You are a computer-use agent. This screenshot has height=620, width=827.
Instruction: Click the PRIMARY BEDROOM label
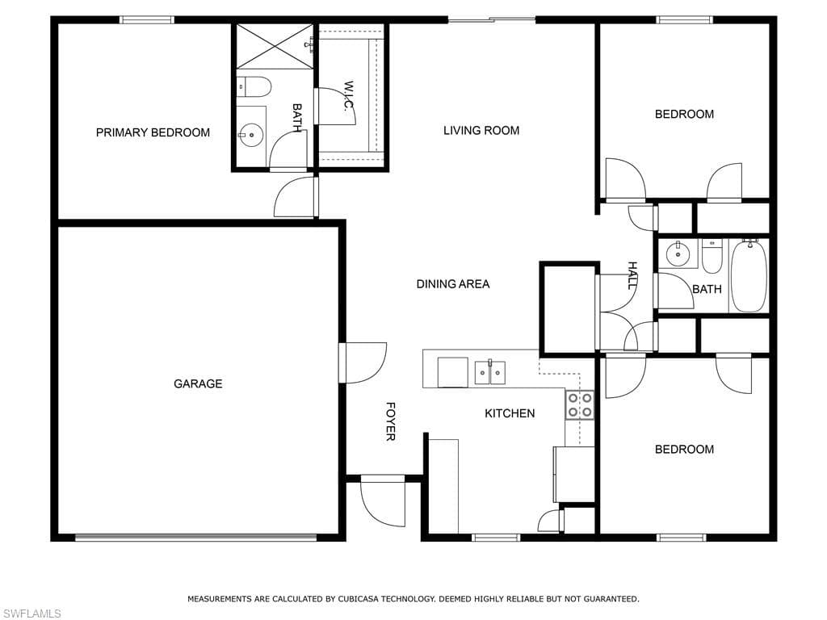pyautogui.click(x=153, y=132)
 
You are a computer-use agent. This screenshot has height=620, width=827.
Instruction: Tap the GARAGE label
pyautogui.click(x=198, y=383)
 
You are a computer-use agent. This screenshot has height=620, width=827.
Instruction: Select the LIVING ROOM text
pyautogui.click(x=481, y=130)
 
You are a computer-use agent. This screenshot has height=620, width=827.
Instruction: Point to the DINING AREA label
pyautogui.click(x=453, y=284)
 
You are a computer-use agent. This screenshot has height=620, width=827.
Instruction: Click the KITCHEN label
pyautogui.click(x=510, y=413)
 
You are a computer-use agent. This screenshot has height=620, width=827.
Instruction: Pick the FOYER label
pyautogui.click(x=390, y=421)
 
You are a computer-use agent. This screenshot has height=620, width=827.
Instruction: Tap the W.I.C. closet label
pyautogui.click(x=348, y=95)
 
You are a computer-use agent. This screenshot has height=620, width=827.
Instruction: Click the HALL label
pyautogui.click(x=632, y=275)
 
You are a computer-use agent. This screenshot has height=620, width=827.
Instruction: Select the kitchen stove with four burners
pyautogui.click(x=580, y=405)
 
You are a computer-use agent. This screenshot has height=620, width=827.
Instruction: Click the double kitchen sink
pyautogui.click(x=490, y=372)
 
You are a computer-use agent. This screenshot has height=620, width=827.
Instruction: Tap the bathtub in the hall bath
pyautogui.click(x=749, y=276)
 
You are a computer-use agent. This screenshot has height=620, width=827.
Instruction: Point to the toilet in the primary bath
pyautogui.click(x=254, y=87)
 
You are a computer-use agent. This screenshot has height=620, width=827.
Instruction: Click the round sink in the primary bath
pyautogui.click(x=251, y=135)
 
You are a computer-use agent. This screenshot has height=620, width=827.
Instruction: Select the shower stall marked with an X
pyautogui.click(x=275, y=46)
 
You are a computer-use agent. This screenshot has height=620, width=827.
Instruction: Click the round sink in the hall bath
pyautogui.click(x=678, y=254)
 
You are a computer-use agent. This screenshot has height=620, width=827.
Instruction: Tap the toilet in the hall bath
pyautogui.click(x=712, y=256)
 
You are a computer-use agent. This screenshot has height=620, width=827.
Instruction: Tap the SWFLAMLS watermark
pyautogui.click(x=31, y=614)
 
